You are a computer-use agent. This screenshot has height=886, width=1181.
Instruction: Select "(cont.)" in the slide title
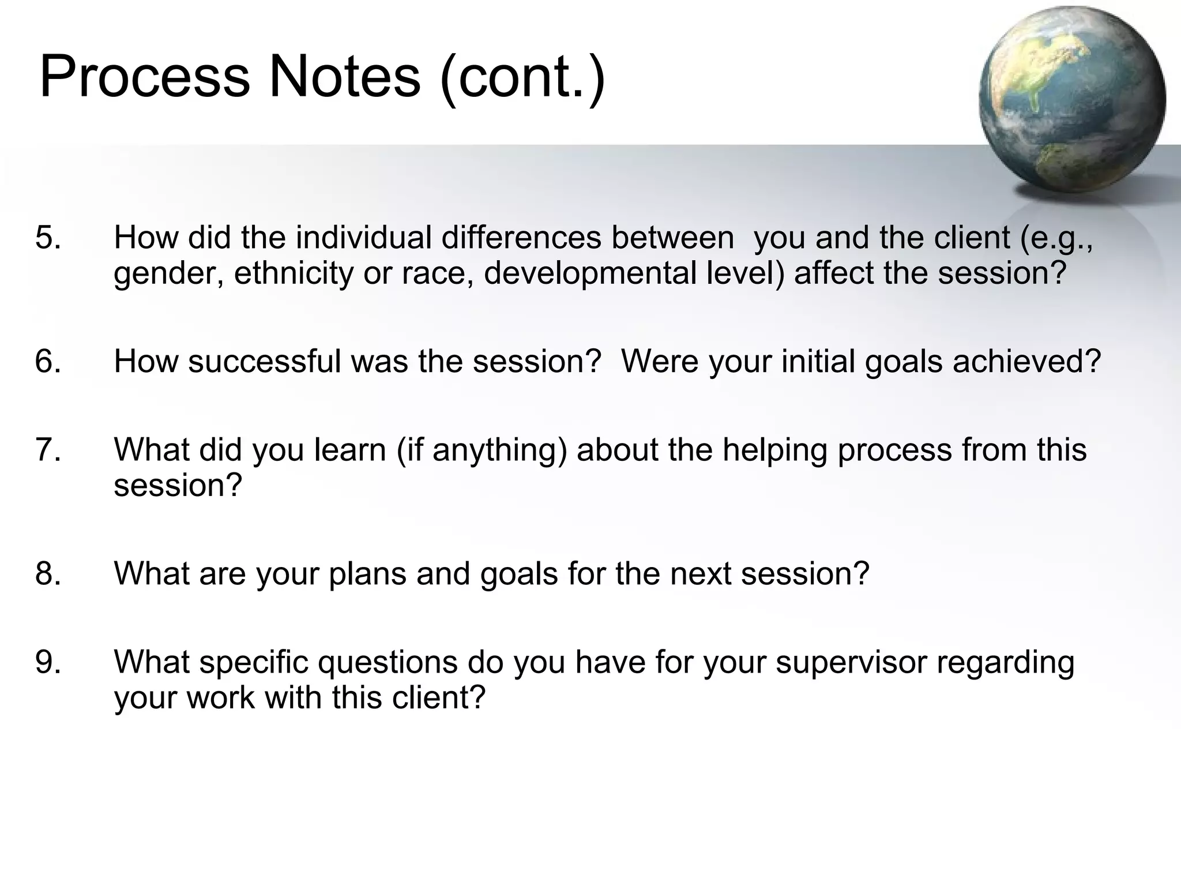click(x=522, y=78)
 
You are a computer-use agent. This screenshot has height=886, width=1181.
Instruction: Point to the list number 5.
click(x=48, y=238)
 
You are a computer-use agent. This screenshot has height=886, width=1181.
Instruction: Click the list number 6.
click(x=48, y=362)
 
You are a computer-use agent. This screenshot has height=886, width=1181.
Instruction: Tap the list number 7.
click(x=48, y=450)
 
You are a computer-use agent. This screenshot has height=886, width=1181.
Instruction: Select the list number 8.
click(x=48, y=574)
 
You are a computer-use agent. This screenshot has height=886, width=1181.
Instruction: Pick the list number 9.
click(x=48, y=662)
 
